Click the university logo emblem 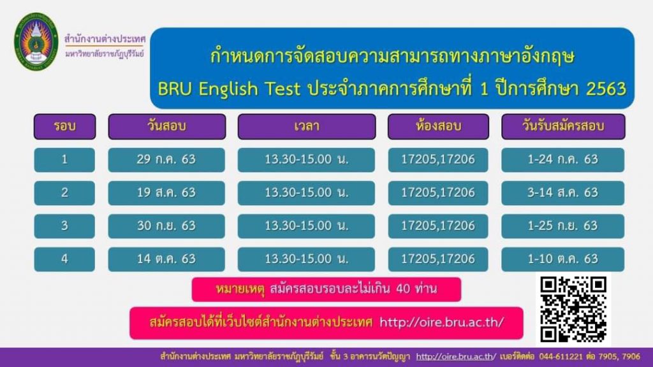[36, 41]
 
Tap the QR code [573, 310]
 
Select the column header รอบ [64, 127]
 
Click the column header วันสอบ [166, 127]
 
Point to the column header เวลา [307, 127]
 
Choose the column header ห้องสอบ [438, 127]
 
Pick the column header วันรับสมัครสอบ [563, 127]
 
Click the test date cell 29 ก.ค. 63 [166, 160]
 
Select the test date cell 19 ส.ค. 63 [166, 193]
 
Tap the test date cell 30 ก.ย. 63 [166, 226]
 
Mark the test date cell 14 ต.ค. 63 [166, 259]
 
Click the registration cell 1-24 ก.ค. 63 [562, 160]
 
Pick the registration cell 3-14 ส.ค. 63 [562, 193]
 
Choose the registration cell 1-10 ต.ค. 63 [562, 259]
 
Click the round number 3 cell [64, 226]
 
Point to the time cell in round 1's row [306, 160]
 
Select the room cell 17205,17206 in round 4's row [438, 259]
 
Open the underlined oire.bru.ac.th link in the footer [456, 357]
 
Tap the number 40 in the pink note [404, 289]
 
